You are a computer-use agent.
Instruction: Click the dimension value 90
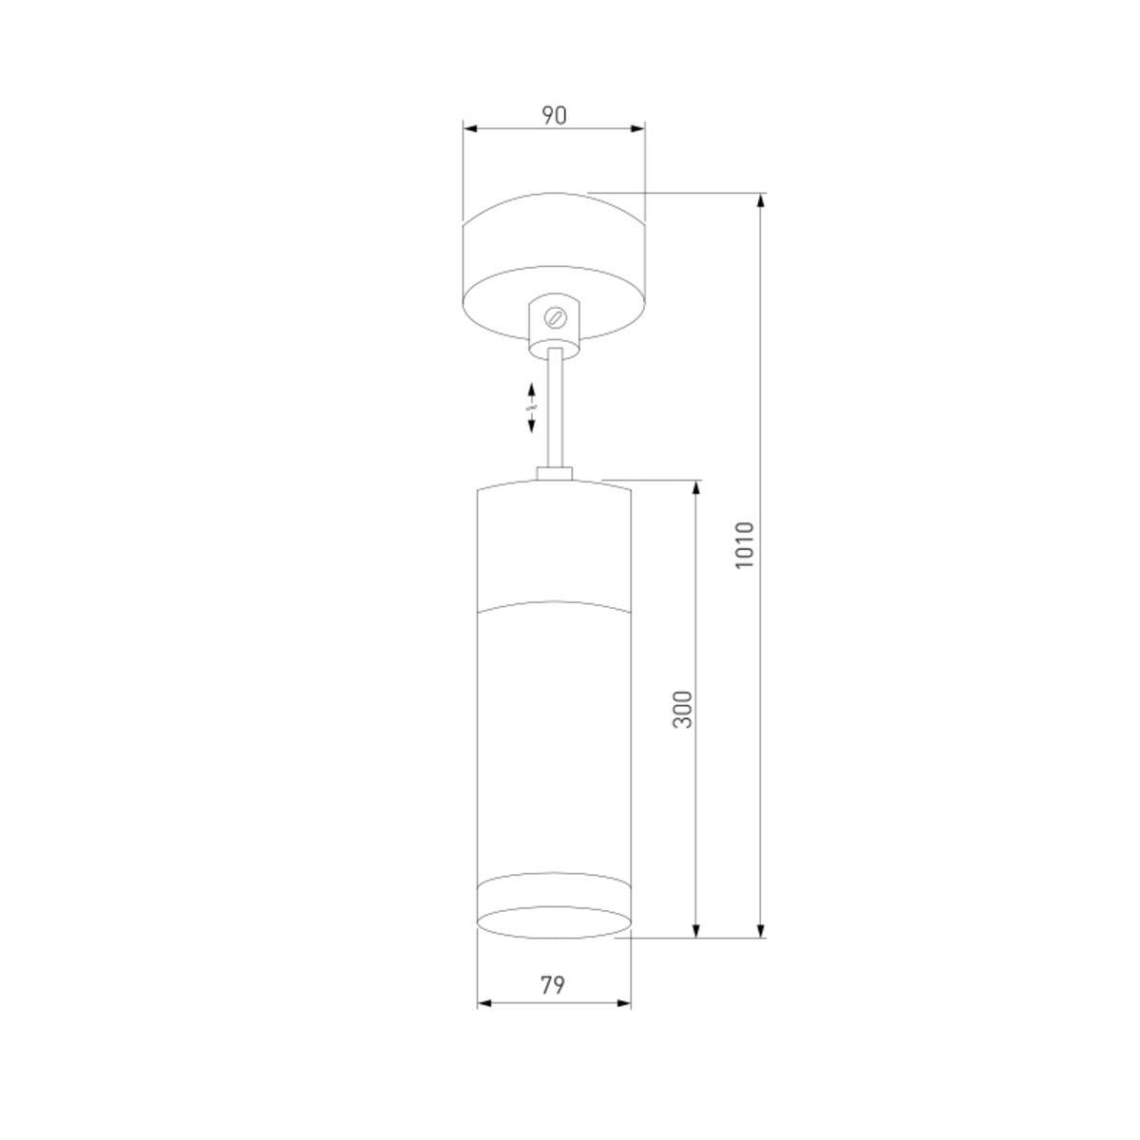[554, 115]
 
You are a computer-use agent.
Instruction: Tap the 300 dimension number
[682, 709]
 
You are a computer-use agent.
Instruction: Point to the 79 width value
[552, 985]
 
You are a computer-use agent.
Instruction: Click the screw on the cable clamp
[557, 315]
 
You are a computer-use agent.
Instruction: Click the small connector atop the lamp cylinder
[554, 473]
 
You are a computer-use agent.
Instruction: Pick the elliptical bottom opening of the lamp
[554, 921]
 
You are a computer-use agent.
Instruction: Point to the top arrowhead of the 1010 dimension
[761, 200]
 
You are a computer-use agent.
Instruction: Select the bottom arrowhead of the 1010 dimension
[761, 930]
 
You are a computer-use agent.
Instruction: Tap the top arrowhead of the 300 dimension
[696, 487]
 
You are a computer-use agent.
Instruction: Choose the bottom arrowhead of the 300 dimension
[696, 930]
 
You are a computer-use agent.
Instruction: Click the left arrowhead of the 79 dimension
[484, 1002]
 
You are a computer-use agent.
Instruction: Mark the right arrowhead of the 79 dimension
[624, 1002]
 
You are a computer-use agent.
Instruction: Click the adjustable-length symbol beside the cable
[532, 408]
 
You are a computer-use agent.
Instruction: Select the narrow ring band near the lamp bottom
[554, 888]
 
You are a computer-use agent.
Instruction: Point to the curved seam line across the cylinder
[554, 603]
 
